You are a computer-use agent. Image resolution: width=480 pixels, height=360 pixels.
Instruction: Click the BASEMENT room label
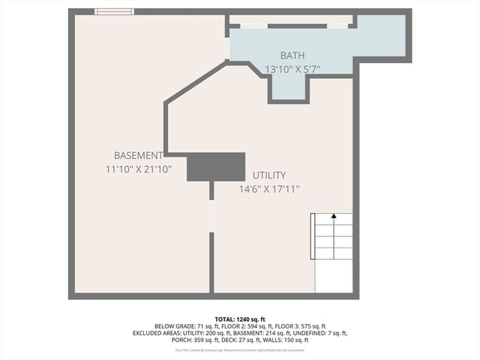[139, 155]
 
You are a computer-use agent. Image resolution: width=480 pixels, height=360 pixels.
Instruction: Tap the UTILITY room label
[269, 175]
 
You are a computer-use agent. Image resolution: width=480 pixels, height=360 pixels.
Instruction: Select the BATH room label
[293, 55]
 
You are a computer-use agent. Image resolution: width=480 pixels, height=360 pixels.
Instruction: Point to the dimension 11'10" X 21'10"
[139, 170]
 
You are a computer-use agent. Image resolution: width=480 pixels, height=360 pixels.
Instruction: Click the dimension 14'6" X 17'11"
[269, 189]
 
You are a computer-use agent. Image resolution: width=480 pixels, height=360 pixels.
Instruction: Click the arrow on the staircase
[333, 218]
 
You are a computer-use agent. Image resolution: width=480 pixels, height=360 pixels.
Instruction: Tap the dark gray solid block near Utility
[216, 166]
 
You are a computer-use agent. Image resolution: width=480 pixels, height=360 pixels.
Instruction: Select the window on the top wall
[114, 11]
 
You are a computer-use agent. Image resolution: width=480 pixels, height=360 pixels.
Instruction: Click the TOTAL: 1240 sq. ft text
[239, 318]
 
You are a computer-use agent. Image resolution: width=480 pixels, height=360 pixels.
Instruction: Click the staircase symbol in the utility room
[333, 253]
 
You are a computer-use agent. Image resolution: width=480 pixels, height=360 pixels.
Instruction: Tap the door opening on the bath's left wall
[226, 47]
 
